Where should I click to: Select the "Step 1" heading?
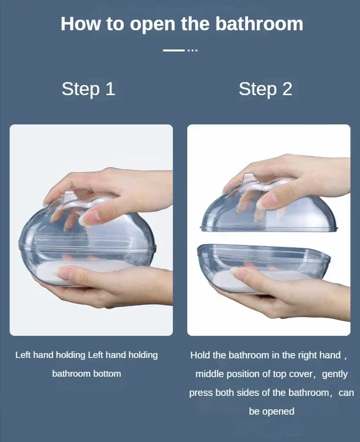(x=88, y=89)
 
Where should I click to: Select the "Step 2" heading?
(x=265, y=89)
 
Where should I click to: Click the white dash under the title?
(x=174, y=50)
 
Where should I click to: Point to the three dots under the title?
(x=192, y=50)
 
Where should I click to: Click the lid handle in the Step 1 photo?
(x=84, y=200)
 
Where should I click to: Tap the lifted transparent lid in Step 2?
(x=269, y=209)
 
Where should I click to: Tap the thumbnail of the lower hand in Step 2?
(x=236, y=271)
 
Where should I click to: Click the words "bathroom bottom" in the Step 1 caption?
(x=86, y=373)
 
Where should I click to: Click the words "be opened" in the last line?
(x=272, y=412)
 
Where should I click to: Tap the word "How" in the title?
(x=80, y=24)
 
